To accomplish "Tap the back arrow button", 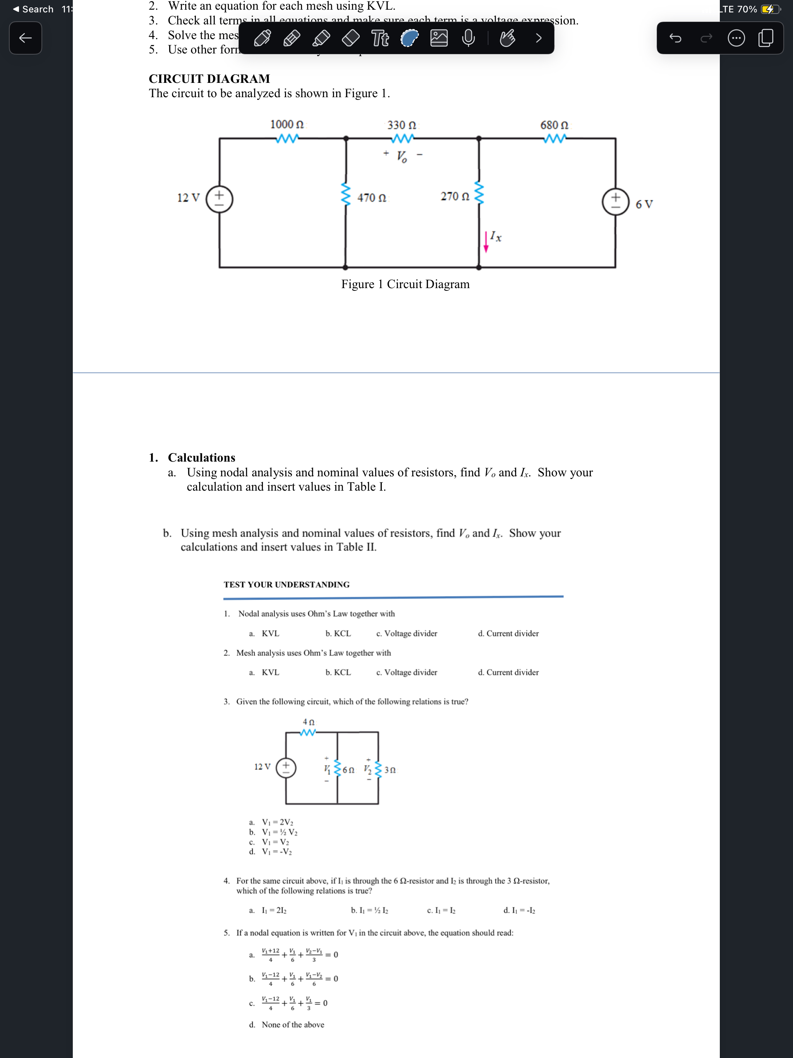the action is [x=25, y=38].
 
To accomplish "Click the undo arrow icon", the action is [x=675, y=38].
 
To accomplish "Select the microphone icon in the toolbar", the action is [x=468, y=38].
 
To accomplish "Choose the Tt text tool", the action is [x=380, y=38].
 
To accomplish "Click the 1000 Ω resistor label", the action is [x=287, y=124].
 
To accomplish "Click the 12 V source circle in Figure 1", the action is [x=220, y=199].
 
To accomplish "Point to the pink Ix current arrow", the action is [x=486, y=242].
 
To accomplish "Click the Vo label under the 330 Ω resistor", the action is [x=402, y=156].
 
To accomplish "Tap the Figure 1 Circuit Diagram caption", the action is [x=405, y=284].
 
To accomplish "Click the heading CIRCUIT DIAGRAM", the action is [x=209, y=79].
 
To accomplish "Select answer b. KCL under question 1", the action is [x=338, y=633].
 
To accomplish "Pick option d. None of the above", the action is [x=292, y=1025].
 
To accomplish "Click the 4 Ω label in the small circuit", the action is [x=309, y=722].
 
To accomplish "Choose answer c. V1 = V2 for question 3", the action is [x=275, y=842].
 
